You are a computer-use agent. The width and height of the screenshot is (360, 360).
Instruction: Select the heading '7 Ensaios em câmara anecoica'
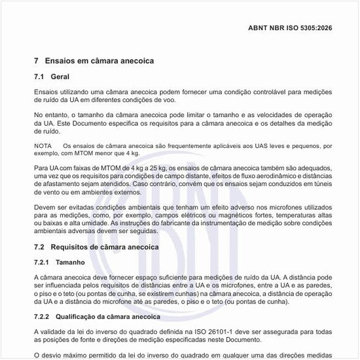[x=94, y=61]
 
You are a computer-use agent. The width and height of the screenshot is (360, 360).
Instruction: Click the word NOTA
[x=43, y=145]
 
